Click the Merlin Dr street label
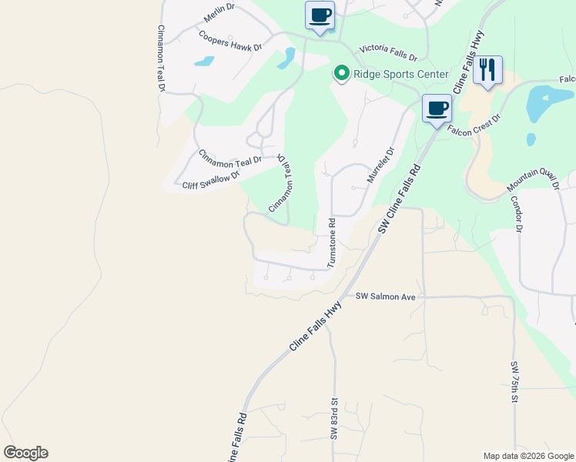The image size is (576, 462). [218, 13]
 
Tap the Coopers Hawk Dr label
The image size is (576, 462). [230, 41]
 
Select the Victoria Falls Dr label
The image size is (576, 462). [383, 52]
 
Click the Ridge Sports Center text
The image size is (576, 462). [400, 74]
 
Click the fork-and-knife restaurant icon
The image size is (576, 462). [487, 70]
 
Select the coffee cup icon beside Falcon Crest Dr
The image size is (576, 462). [437, 108]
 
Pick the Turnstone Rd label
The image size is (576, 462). [332, 243]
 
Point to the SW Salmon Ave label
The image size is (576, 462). [385, 296]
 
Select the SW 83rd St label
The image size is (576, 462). [335, 419]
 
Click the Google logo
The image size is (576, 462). [25, 453]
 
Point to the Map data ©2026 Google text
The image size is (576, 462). [528, 456]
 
